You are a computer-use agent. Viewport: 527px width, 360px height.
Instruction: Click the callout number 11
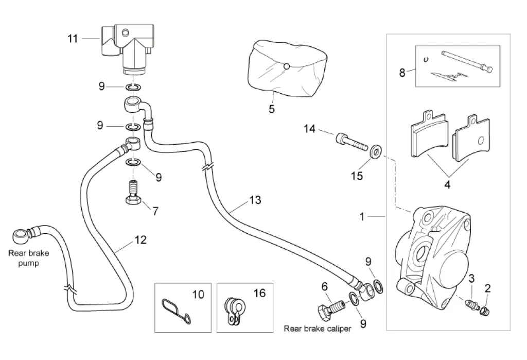point(73,39)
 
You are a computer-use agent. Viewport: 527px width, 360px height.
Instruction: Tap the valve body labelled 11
point(126,46)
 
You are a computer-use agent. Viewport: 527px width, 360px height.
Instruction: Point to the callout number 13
point(255,200)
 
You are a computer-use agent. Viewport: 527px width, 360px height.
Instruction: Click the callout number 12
point(140,239)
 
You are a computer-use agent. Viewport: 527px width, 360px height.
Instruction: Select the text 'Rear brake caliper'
point(318,329)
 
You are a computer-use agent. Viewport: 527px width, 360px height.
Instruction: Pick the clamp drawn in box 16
point(235,311)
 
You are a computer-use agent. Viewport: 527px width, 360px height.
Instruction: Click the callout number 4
point(447,184)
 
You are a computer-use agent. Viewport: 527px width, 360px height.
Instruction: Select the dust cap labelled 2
point(485,309)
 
